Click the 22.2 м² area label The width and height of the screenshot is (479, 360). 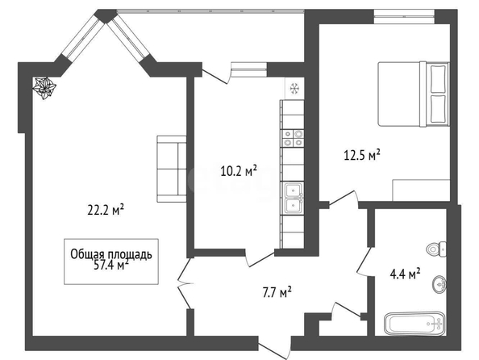coord(106,210)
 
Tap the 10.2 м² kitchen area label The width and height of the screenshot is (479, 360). coord(238,170)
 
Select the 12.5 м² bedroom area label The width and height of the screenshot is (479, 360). coord(362,155)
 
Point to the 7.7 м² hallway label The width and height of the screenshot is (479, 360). coord(277,292)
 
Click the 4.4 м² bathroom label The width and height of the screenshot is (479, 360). coord(406,274)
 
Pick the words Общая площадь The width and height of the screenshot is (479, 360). coord(111,254)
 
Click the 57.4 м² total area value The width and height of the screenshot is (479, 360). coord(111,265)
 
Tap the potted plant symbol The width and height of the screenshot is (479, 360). coord(44,89)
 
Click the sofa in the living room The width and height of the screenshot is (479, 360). coord(172,169)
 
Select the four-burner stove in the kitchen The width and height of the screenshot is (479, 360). coord(293,138)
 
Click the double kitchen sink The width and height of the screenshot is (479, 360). coord(294,198)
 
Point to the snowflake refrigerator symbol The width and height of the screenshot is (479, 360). coord(294,89)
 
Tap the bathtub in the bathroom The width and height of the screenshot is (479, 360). coord(414,324)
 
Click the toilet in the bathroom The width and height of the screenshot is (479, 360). coord(436,249)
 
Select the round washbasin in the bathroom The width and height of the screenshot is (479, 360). coord(439,284)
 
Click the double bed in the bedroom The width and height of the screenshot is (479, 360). coord(414,94)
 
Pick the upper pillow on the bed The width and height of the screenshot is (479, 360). coord(438,78)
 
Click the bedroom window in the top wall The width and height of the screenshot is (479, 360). coord(404,16)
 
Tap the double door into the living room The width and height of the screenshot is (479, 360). coord(185,284)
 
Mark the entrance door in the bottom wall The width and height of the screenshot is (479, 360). coord(275,347)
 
